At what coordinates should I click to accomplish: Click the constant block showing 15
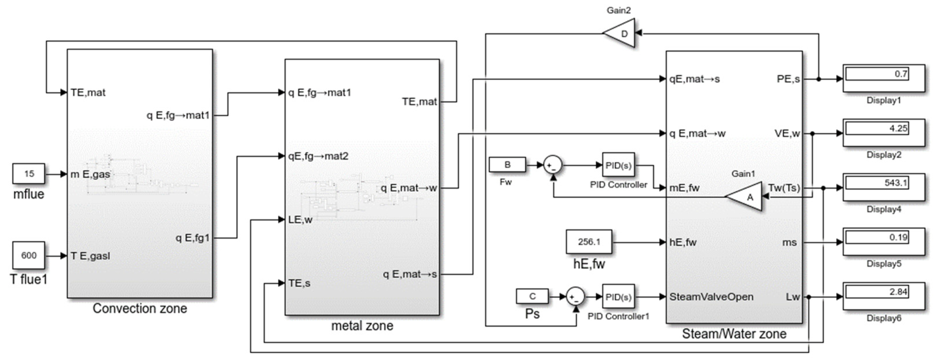click(x=29, y=174)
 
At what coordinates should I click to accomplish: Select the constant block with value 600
click(x=29, y=256)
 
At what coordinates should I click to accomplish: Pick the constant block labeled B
click(x=507, y=165)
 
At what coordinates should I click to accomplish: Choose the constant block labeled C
click(x=532, y=296)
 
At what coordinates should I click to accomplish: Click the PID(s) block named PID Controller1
click(x=618, y=297)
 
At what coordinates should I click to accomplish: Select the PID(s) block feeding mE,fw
click(x=618, y=165)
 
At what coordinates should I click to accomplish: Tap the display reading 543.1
click(x=883, y=188)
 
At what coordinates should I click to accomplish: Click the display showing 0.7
click(x=883, y=78)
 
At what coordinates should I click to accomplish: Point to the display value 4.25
click(x=883, y=133)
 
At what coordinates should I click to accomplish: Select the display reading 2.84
click(x=883, y=296)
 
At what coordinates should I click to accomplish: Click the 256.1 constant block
click(x=589, y=242)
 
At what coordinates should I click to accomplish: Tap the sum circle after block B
click(x=553, y=165)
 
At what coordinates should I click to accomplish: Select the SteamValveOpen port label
click(x=711, y=297)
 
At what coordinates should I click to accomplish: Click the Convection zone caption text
click(x=140, y=309)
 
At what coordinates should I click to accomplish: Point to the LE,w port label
click(x=300, y=220)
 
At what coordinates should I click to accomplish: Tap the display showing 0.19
click(x=883, y=242)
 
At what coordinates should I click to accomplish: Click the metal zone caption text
click(x=362, y=326)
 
